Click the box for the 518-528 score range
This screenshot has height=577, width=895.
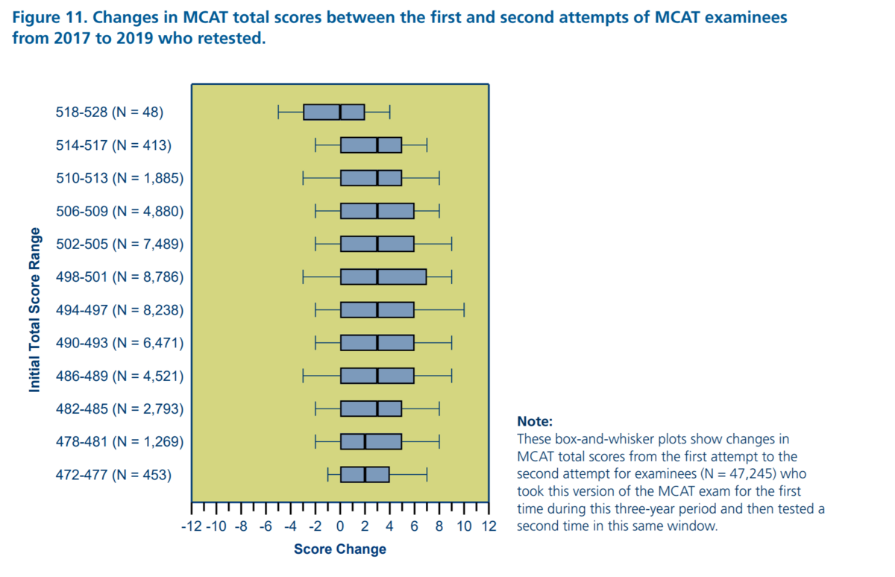(x=333, y=113)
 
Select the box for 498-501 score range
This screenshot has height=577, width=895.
(x=383, y=277)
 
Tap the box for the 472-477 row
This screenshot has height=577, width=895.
(x=365, y=474)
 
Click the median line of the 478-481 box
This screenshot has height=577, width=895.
(x=365, y=441)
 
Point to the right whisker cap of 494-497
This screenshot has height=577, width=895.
(x=464, y=310)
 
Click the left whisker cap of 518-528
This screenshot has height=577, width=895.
(x=278, y=113)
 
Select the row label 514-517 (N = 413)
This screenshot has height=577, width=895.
(x=113, y=145)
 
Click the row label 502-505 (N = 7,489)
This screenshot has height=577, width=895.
(x=119, y=244)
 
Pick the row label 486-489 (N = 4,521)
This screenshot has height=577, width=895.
(x=119, y=376)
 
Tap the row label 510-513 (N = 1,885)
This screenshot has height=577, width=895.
(x=119, y=178)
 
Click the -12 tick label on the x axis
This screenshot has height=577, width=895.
(x=192, y=527)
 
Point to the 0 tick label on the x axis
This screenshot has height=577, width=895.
(x=340, y=527)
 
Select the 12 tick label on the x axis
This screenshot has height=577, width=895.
(x=489, y=527)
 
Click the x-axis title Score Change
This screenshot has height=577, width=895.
(x=340, y=549)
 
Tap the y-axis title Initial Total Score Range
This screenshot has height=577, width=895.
(x=34, y=309)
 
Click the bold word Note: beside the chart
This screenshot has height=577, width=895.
(x=535, y=421)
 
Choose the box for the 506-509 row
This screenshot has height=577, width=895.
(x=377, y=211)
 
